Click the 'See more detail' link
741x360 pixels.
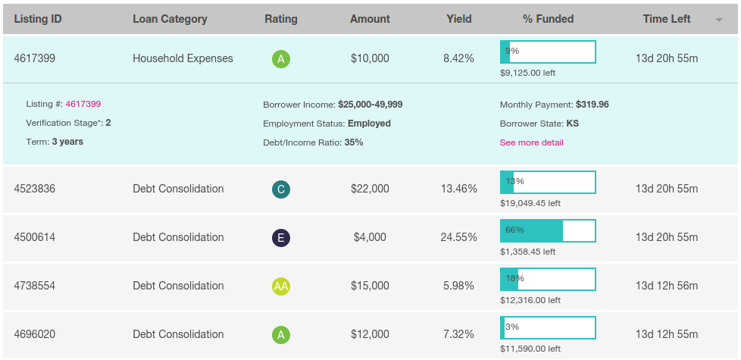pos(531,142)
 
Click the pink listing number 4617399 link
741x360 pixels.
pos(83,104)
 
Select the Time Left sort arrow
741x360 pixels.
pos(718,20)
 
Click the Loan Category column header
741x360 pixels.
pos(170,19)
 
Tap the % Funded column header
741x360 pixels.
pos(548,19)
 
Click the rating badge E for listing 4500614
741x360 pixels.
pos(281,238)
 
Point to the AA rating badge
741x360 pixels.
pos(281,286)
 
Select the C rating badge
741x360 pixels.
pos(281,189)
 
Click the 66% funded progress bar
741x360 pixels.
pos(548,230)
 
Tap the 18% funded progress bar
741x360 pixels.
pos(548,279)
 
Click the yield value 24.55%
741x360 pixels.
pos(458,237)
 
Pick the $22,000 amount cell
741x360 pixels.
pos(370,189)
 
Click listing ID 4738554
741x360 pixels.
pos(35,286)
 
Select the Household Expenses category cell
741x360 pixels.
pos(183,58)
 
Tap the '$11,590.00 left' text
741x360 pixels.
pos(530,349)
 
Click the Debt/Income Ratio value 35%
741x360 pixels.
pos(354,142)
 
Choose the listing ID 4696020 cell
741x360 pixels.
pos(35,334)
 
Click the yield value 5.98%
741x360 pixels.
pos(458,286)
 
